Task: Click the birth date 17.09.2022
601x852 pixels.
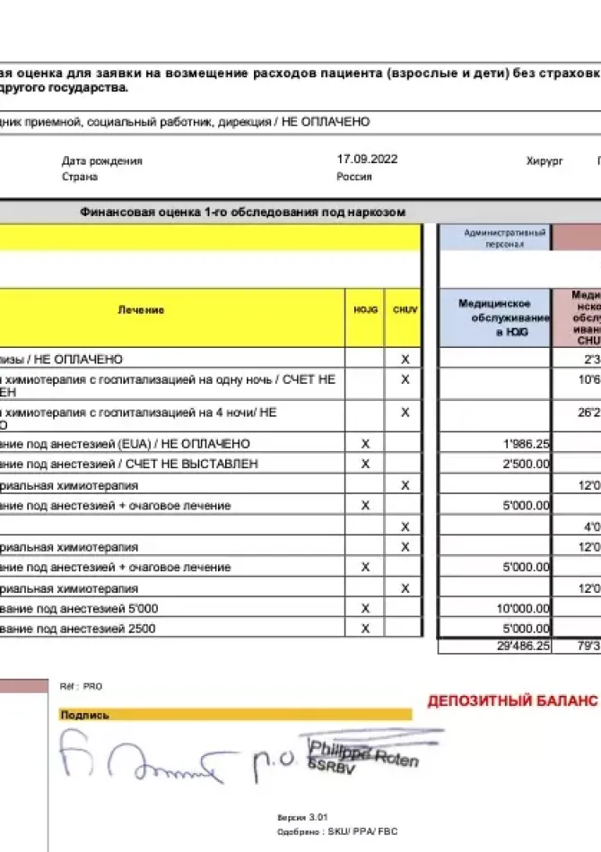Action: pos(367,160)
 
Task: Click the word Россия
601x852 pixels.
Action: pos(354,177)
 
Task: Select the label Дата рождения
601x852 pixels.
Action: pos(102,161)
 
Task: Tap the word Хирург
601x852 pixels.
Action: pos(544,161)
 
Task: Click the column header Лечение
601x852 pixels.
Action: pos(141,309)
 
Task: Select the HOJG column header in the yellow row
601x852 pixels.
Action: pos(365,309)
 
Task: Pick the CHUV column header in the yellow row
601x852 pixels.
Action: pos(405,309)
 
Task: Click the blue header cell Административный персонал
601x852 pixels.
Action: pos(493,238)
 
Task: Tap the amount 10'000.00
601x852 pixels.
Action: pos(525,608)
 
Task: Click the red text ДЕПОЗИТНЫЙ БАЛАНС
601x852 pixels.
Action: pos(512,700)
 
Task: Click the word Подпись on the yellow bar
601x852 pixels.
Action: pos(84,715)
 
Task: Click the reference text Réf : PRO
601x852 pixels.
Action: pos(81,686)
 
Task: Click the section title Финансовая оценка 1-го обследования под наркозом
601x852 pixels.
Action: pos(243,213)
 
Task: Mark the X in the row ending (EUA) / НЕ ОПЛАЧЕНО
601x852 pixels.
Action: pos(365,444)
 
